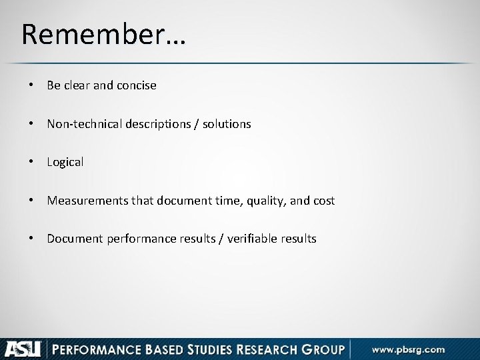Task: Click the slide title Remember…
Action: pyautogui.click(x=104, y=34)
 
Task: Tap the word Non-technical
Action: pyautogui.click(x=79, y=123)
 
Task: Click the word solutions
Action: pyautogui.click(x=227, y=123)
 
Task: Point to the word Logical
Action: pyautogui.click(x=65, y=162)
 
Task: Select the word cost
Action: pyautogui.click(x=325, y=200)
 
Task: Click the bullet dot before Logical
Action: pyautogui.click(x=31, y=162)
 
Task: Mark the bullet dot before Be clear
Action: pyautogui.click(x=31, y=85)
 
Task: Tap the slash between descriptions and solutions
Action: pyautogui.click(x=197, y=123)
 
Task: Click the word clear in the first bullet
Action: pyautogui.click(x=75, y=85)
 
